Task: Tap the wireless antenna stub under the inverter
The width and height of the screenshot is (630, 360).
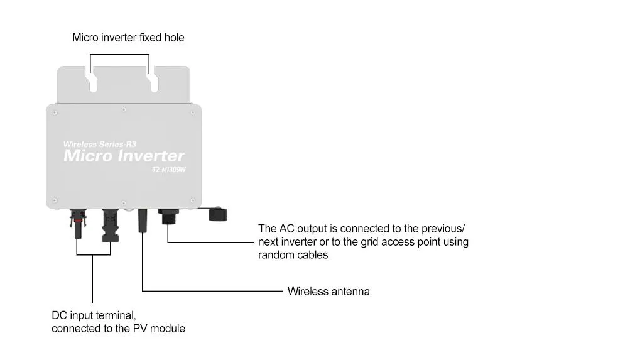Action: point(143,222)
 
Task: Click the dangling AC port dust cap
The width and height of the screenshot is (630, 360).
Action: point(218,215)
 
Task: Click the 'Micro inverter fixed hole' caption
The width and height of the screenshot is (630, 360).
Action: point(128,38)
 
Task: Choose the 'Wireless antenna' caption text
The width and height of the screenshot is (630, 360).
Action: point(328,292)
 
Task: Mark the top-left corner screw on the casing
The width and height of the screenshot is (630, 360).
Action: point(55,113)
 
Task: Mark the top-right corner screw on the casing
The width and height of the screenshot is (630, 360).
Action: point(192,113)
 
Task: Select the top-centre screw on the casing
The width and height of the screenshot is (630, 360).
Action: point(124,111)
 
